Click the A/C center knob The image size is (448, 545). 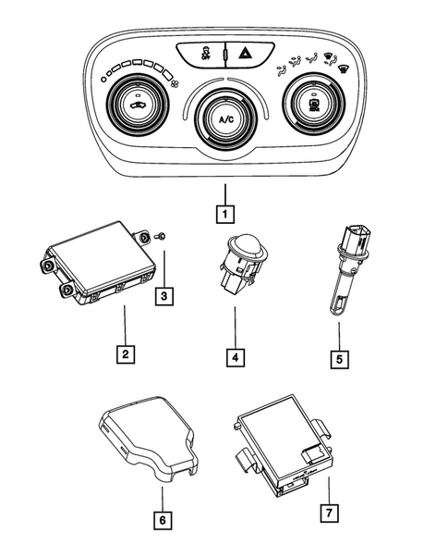coord(224,119)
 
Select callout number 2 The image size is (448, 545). coord(123,353)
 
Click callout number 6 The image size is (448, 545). coord(163,520)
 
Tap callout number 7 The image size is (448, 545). coord(329,511)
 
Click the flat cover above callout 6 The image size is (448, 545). coord(148,433)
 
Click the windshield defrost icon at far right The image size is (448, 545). coord(344,67)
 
